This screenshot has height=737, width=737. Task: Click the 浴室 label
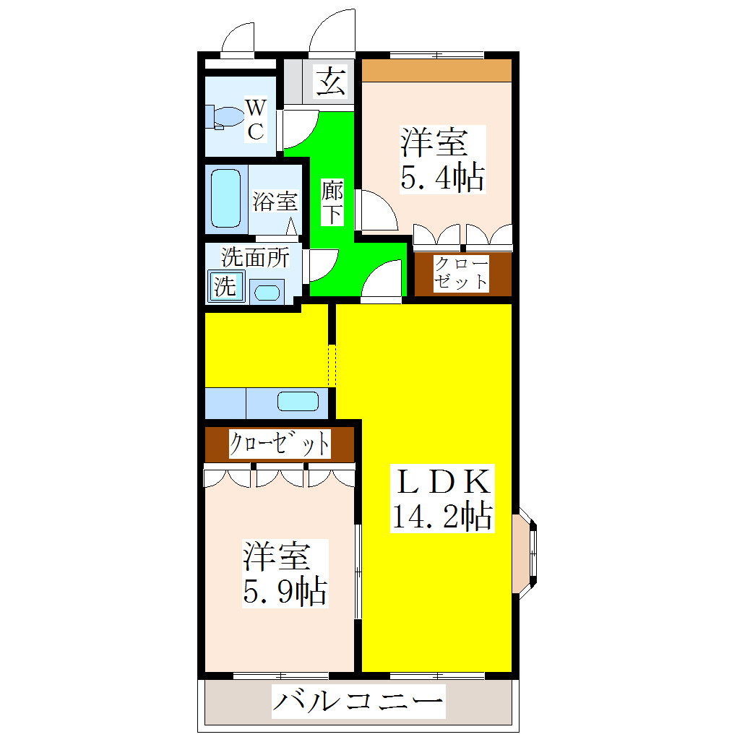275,202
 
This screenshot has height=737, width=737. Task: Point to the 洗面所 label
255,257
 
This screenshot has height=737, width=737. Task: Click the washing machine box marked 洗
225,285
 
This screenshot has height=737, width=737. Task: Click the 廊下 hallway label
332,203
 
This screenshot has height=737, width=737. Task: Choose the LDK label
441,482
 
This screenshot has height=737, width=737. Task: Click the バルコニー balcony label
358,702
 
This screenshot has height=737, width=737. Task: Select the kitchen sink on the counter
298,402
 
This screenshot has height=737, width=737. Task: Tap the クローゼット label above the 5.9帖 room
280,444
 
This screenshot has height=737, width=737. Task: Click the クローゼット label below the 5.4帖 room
461,272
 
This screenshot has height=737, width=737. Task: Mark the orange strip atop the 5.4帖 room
436,71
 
